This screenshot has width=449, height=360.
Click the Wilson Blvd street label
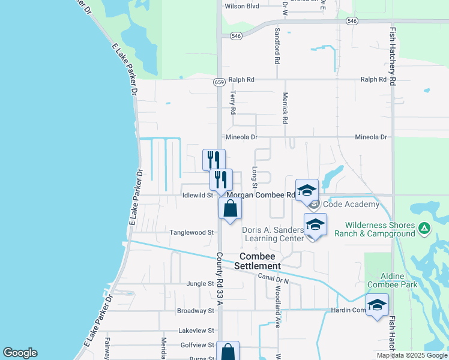[x=241, y=7]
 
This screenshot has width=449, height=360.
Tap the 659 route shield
[x=219, y=82]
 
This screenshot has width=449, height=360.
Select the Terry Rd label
[x=233, y=102]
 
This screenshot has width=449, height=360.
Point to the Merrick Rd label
[x=285, y=107]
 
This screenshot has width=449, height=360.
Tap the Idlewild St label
[x=197, y=195]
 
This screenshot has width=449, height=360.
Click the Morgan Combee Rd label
[x=261, y=195]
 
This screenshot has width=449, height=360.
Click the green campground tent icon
[x=424, y=228]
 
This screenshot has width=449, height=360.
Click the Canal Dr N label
[x=274, y=278]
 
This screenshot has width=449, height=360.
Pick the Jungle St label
[x=200, y=283]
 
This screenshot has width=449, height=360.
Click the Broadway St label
[x=196, y=311]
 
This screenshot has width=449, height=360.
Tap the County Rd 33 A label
[x=220, y=278]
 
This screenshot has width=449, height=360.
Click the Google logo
[x=20, y=353]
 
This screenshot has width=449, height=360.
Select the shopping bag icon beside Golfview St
[x=228, y=352]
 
